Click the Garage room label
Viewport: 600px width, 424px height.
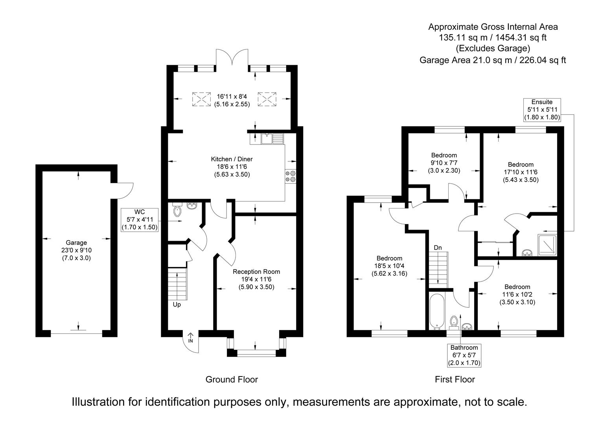[76, 250]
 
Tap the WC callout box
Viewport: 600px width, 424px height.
[139, 219]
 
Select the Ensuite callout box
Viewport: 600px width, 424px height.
[542, 110]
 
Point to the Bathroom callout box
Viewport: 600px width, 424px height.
[464, 355]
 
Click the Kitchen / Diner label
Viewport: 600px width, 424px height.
[232, 167]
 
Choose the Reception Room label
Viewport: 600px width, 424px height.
[256, 279]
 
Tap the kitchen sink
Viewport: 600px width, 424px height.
[272, 139]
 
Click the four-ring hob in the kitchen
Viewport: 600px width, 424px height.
[290, 176]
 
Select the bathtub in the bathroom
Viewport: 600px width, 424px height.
[437, 312]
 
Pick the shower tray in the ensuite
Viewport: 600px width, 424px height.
[547, 245]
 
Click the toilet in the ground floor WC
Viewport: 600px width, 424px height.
[177, 210]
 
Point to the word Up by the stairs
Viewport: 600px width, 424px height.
[177, 304]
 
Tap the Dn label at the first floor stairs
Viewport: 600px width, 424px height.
[438, 248]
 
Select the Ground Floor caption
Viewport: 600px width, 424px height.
[232, 379]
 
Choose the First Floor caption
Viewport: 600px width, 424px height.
[455, 379]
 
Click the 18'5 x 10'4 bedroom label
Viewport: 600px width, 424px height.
[389, 266]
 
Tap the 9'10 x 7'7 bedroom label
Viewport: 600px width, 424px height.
[444, 163]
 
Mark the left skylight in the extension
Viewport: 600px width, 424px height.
[201, 99]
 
